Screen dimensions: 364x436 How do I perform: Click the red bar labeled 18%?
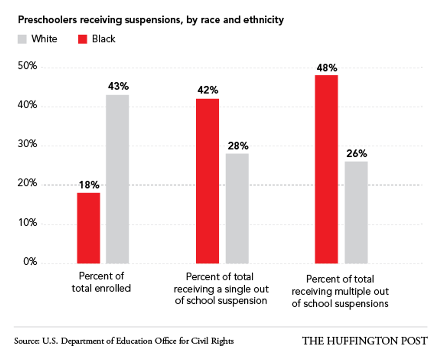[89, 228]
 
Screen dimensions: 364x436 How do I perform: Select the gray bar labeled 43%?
[117, 179]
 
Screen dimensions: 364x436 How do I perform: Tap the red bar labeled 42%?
[207, 181]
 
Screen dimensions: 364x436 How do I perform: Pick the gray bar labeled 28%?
[237, 208]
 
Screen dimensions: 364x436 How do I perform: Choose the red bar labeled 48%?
[327, 169]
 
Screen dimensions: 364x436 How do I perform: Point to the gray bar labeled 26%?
[356, 212]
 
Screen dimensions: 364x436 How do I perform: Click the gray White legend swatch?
[22, 39]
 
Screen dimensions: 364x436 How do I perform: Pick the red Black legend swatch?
[83, 39]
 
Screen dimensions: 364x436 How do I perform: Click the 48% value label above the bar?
[327, 68]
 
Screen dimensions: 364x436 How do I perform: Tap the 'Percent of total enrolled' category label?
[101, 282]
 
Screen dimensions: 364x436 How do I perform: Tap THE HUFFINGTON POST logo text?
[365, 341]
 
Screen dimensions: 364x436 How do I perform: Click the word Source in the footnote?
[26, 341]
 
